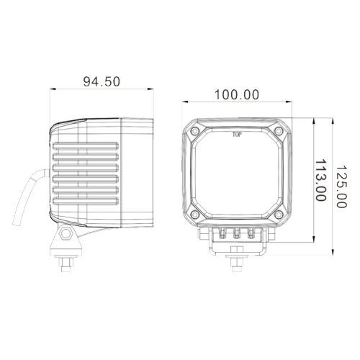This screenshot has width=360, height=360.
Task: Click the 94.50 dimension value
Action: (x=102, y=81)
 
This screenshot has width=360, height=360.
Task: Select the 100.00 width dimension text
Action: (x=236, y=94)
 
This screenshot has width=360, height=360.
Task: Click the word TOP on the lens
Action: (x=236, y=134)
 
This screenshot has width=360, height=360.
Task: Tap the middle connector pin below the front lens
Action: (x=236, y=233)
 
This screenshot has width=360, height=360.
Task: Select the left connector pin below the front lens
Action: (x=220, y=233)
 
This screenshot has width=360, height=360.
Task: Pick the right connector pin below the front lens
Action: (x=252, y=233)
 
